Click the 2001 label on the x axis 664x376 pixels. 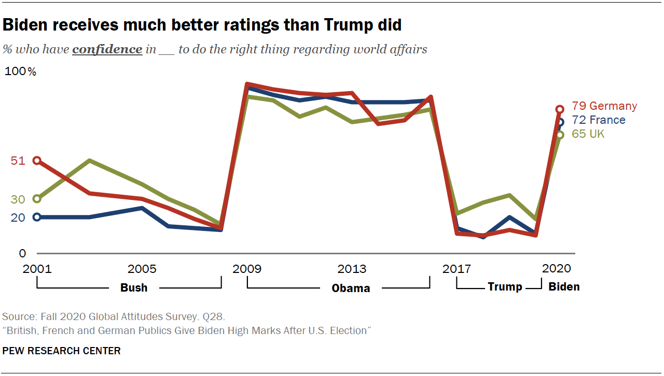click(x=37, y=269)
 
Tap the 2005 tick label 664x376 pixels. click(x=142, y=269)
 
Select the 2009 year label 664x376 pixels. click(x=247, y=269)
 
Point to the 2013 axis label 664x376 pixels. click(x=352, y=269)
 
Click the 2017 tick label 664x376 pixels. click(x=457, y=269)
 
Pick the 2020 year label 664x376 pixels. click(x=556, y=269)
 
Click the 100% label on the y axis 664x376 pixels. click(x=20, y=72)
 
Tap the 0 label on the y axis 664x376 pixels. click(x=22, y=253)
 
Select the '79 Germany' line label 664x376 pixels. click(x=604, y=106)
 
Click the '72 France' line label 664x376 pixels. click(x=599, y=120)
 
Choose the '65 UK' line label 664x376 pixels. click(x=588, y=134)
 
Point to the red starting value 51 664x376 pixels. click(x=18, y=161)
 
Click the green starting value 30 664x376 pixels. click(x=18, y=199)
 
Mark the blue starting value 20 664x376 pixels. click(x=18, y=218)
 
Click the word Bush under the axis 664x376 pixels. click(x=134, y=288)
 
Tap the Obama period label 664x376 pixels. click(x=351, y=288)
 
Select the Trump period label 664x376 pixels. click(x=505, y=287)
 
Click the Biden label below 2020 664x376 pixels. click(x=564, y=287)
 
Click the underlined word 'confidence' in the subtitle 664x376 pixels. click(x=107, y=50)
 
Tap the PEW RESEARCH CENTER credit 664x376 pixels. click(x=61, y=351)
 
